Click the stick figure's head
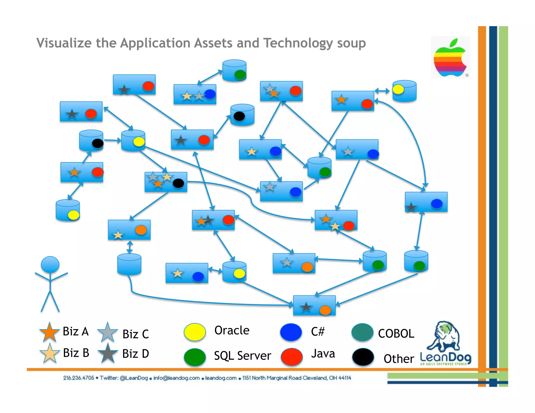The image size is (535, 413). pos(50,264)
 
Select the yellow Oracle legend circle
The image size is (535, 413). pos(195,332)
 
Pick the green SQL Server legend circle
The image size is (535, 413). pos(195,357)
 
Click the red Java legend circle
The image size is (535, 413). pos(292,357)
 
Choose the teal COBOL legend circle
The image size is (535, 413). pos(362,332)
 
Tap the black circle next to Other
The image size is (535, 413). pos(363,357)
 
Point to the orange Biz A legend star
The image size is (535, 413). pos(49,332)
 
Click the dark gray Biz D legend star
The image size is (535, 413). pos(107,353)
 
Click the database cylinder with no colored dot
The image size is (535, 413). pos(129,264)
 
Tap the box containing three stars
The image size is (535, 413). pos(166,182)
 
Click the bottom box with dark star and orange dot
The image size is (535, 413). pos(314,305)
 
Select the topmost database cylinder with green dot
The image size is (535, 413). pos(234,70)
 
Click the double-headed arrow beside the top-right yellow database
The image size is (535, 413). pos(382,91)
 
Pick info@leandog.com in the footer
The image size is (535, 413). pos(176,378)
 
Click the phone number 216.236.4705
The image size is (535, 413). pos(78,378)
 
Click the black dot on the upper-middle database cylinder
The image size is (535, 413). pos(239,116)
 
